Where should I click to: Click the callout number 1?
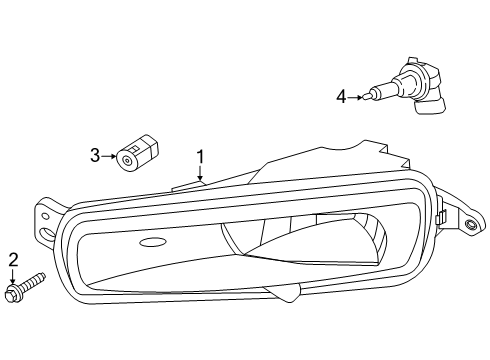(200, 156)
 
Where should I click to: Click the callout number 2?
(13, 261)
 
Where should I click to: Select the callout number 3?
(95, 154)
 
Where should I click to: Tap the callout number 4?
(341, 97)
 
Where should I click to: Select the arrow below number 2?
(13, 278)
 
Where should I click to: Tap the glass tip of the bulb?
(374, 96)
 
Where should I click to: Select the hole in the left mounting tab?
(48, 236)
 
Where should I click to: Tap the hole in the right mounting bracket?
(469, 226)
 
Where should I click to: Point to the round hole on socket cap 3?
(127, 158)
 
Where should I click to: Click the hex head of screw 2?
(15, 293)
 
